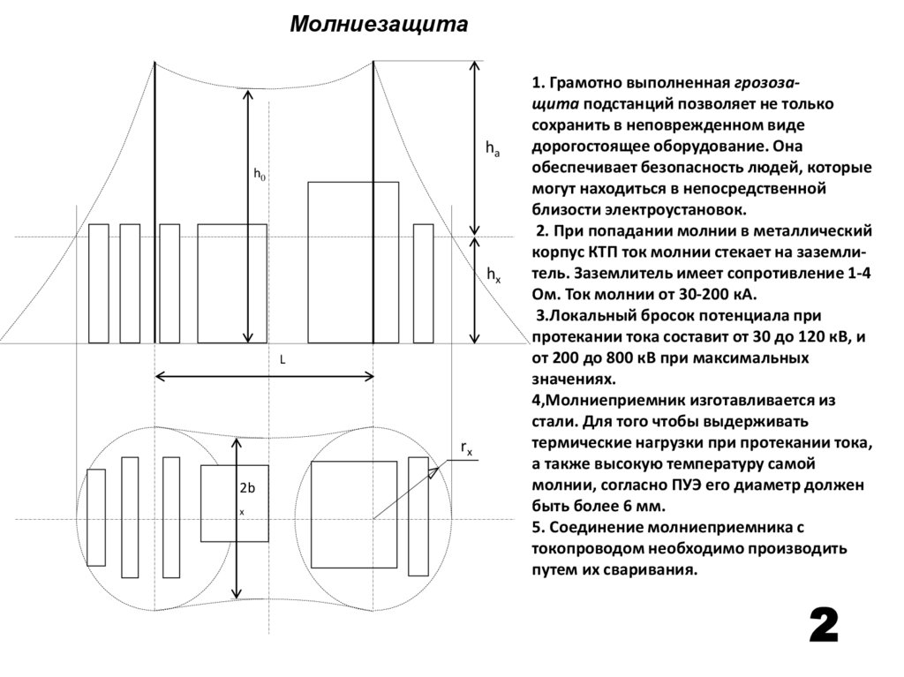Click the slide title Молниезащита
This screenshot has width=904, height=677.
coord(379,23)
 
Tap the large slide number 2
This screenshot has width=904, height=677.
coord(824,628)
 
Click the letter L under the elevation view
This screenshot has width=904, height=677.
coord(282,361)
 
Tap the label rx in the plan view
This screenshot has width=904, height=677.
coord(466,449)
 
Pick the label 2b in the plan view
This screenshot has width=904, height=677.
coord(247,488)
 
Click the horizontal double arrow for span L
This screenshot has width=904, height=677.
coord(264,377)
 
